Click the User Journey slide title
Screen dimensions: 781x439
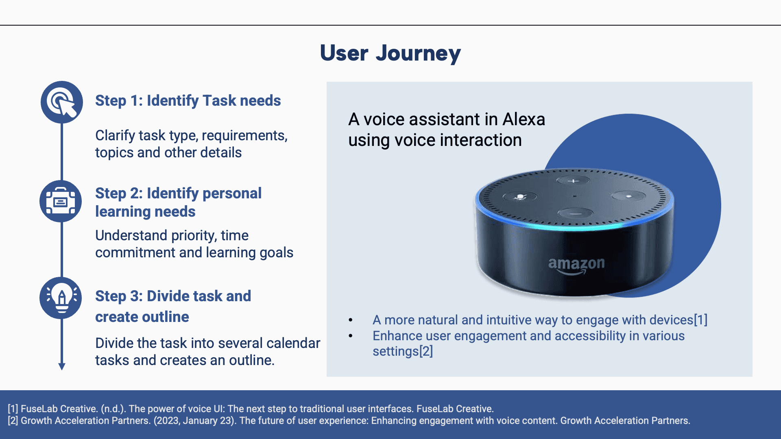[390, 53]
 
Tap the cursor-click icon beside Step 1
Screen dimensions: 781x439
[62, 102]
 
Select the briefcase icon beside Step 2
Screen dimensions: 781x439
[61, 201]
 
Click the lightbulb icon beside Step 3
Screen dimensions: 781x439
[61, 298]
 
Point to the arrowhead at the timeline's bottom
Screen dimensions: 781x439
[62, 366]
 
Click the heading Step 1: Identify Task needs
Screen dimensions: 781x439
[188, 100]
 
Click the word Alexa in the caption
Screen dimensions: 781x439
[524, 119]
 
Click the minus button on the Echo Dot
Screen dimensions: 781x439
[575, 213]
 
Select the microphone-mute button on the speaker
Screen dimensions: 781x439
[520, 197]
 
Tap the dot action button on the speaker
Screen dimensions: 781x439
[628, 196]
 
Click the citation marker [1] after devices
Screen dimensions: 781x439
[700, 320]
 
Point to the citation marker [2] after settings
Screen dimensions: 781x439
[426, 351]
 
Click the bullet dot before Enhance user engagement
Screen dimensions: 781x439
[351, 336]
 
